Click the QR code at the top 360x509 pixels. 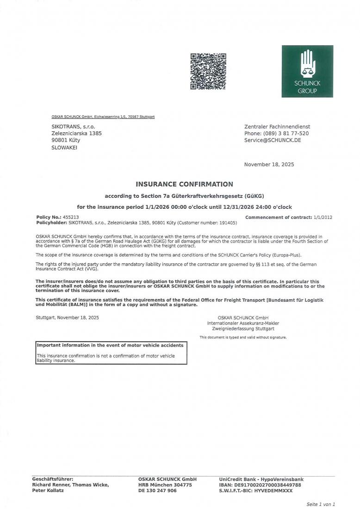(208, 71)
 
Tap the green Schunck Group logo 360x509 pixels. (307, 71)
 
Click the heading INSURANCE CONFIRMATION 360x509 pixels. (184, 184)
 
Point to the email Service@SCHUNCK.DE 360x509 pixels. (272, 140)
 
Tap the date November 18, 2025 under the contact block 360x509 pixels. (269, 164)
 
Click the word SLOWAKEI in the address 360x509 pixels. (64, 148)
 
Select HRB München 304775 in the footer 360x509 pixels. (165, 485)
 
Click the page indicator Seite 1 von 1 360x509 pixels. (321, 504)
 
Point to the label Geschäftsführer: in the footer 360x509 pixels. (53, 479)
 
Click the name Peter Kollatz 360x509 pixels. (48, 490)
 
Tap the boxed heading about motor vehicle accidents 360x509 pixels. (110, 345)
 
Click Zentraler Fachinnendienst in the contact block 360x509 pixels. (277, 126)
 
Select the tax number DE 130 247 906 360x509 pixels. (157, 490)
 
